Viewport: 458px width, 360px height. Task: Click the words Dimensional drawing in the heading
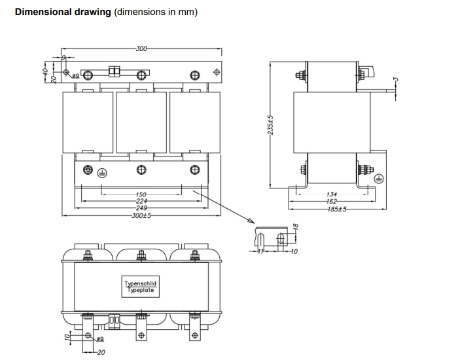pos(63,12)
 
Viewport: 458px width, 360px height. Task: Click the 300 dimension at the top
pos(141,48)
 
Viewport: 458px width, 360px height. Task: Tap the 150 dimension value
pos(141,194)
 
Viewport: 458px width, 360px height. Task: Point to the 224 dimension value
pos(141,201)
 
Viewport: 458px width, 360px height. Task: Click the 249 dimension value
pos(141,207)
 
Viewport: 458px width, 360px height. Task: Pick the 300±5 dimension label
pos(141,215)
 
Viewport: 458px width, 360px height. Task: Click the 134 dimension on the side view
pos(332,194)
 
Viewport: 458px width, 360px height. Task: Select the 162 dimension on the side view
pos(332,202)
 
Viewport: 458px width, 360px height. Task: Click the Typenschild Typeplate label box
pos(141,287)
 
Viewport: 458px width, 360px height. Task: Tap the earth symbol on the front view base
pos(101,172)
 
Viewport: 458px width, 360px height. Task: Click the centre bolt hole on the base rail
pos(141,170)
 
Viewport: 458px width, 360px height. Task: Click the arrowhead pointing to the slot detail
pos(253,221)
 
